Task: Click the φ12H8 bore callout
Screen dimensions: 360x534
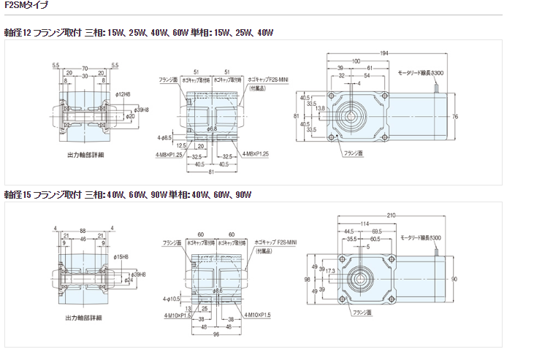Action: [122, 94]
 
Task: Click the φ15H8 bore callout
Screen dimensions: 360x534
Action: [122, 256]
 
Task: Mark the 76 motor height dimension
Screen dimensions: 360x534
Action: [455, 117]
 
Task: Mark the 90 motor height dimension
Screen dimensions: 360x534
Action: [454, 279]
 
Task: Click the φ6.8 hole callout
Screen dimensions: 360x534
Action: [213, 129]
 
